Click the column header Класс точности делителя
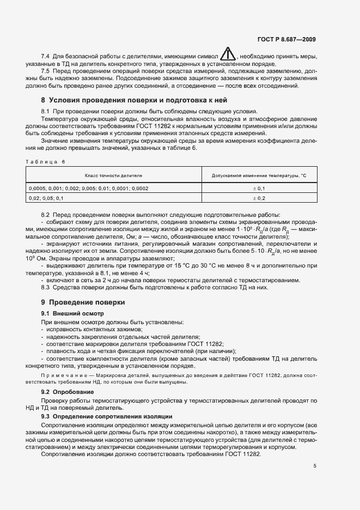(x=113, y=176)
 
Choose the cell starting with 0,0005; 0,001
(x=89, y=188)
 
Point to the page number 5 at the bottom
(x=315, y=466)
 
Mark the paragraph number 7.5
(x=46, y=71)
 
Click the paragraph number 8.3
(x=46, y=287)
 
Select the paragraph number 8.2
(x=46, y=215)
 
